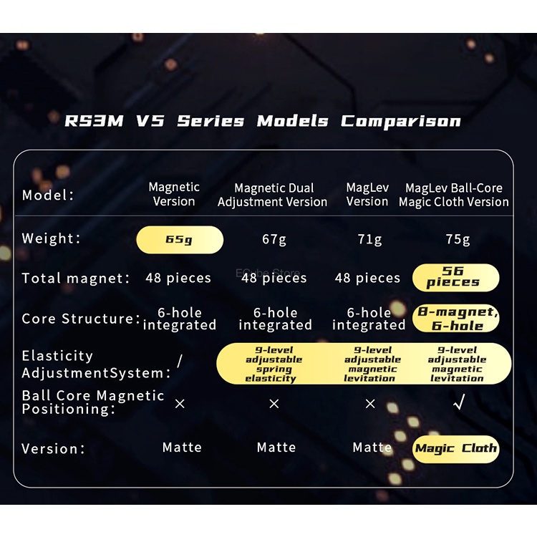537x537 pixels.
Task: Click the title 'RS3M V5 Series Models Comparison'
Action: [263, 121]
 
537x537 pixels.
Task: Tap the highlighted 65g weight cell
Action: [180, 240]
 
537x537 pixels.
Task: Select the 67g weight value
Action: [274, 239]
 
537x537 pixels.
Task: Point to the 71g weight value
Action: [369, 239]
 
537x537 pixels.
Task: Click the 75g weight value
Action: [458, 239]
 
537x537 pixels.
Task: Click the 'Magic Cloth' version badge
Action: [456, 449]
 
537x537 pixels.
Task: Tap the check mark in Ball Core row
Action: [458, 404]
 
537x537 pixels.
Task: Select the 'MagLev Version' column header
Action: [367, 195]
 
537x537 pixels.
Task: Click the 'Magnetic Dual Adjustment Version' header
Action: [273, 195]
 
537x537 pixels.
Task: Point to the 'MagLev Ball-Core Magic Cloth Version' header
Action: [454, 195]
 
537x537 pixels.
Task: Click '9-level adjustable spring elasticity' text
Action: [274, 364]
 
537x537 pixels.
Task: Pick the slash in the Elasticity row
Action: [179, 362]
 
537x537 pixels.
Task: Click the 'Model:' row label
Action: [48, 195]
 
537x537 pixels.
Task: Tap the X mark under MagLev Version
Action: [370, 404]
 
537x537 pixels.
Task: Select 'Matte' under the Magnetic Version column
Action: [182, 448]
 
